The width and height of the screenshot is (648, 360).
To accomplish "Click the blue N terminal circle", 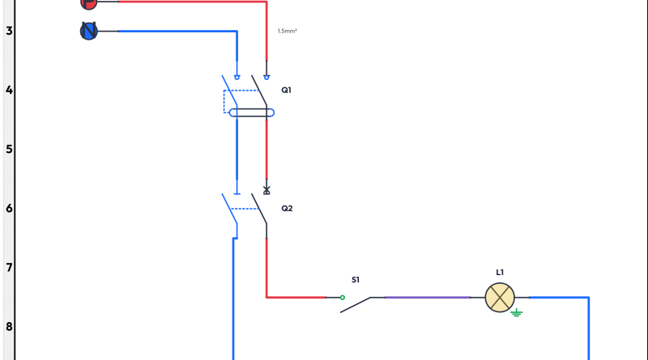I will pyautogui.click(x=89, y=31).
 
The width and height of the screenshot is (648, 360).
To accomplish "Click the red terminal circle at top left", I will pyautogui.click(x=89, y=2).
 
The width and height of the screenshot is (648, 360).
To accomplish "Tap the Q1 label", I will pyautogui.click(x=287, y=90).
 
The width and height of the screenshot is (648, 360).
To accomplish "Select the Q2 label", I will pyautogui.click(x=287, y=208).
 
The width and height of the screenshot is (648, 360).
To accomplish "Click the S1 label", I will pyautogui.click(x=356, y=280).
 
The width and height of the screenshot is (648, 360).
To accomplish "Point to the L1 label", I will pyautogui.click(x=500, y=273).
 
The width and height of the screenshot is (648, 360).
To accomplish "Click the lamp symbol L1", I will pyautogui.click(x=500, y=297).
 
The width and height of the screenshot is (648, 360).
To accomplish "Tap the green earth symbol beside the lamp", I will pyautogui.click(x=517, y=312).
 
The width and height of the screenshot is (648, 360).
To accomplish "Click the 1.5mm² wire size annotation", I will pyautogui.click(x=288, y=31).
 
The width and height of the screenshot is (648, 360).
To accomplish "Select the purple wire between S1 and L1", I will pyautogui.click(x=428, y=297).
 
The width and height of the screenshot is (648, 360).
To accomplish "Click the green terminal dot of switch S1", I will pyautogui.click(x=342, y=297).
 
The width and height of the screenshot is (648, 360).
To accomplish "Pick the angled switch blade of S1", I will pyautogui.click(x=356, y=305).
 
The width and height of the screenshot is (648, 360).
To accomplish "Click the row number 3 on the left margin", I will pyautogui.click(x=9, y=31).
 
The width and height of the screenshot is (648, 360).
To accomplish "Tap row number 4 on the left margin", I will pyautogui.click(x=9, y=90).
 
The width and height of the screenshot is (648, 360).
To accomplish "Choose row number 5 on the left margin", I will pyautogui.click(x=9, y=149).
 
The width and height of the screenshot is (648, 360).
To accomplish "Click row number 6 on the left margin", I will pyautogui.click(x=9, y=208).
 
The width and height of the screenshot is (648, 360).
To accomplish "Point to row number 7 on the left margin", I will pyautogui.click(x=9, y=267).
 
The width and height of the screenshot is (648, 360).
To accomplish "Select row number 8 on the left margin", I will pyautogui.click(x=9, y=327).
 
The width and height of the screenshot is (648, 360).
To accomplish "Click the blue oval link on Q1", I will pyautogui.click(x=251, y=112).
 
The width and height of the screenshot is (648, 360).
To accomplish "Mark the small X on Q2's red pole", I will pyautogui.click(x=266, y=189).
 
